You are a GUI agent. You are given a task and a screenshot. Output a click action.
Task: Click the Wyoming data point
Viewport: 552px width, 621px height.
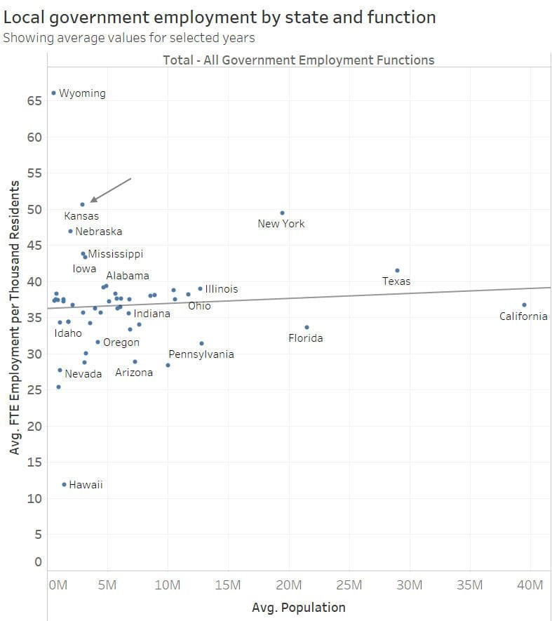point(54,93)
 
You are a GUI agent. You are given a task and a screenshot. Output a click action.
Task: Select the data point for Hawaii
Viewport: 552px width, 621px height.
point(64,484)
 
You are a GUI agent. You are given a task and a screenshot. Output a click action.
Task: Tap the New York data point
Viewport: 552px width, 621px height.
point(282,213)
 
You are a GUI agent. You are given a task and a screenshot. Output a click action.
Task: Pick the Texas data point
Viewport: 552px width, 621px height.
point(397,270)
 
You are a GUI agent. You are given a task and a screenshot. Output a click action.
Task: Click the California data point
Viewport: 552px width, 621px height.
point(524,305)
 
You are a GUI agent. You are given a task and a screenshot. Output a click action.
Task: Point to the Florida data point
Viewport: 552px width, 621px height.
point(307,327)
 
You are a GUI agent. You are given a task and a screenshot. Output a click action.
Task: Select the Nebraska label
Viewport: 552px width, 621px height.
point(98,232)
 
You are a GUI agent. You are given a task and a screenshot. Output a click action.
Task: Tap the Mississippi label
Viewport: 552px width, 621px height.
point(115,254)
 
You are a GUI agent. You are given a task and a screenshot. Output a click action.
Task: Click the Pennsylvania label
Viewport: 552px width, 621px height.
point(201,354)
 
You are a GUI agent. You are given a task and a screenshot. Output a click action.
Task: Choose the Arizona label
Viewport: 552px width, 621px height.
point(134,373)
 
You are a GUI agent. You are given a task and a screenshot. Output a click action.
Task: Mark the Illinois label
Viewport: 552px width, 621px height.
point(221,289)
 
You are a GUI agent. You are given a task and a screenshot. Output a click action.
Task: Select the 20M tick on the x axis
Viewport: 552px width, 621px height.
point(289,585)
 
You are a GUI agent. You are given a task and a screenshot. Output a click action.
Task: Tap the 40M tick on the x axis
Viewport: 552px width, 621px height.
point(530,585)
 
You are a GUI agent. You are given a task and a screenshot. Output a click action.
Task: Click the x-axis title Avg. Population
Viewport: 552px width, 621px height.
point(299,608)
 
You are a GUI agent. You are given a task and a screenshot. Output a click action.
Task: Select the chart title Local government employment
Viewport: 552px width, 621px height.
point(220,17)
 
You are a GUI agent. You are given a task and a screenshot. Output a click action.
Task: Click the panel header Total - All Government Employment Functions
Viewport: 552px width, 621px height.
point(299,60)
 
